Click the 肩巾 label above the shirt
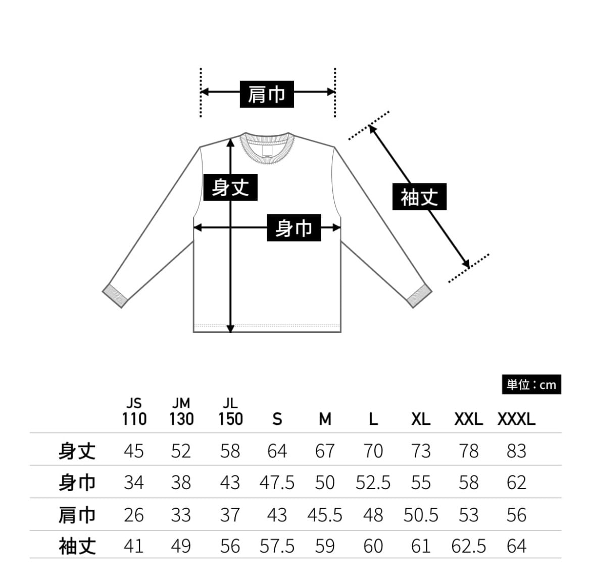[266, 93]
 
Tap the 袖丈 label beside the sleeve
[419, 197]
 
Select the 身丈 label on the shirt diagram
[230, 187]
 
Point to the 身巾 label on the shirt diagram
[293, 228]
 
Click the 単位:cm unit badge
[531, 385]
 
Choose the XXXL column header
[516, 419]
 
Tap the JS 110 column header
[134, 412]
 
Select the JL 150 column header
[230, 412]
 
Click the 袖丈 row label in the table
[77, 546]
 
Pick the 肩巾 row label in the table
[77, 515]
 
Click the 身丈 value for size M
[325, 451]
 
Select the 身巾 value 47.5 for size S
[277, 483]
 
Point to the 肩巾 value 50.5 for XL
[420, 515]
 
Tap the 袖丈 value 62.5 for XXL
[468, 546]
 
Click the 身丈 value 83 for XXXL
[516, 451]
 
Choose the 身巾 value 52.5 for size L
[373, 483]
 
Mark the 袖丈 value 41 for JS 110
[134, 546]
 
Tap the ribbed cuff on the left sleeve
[115, 296]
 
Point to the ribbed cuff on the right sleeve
[419, 296]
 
